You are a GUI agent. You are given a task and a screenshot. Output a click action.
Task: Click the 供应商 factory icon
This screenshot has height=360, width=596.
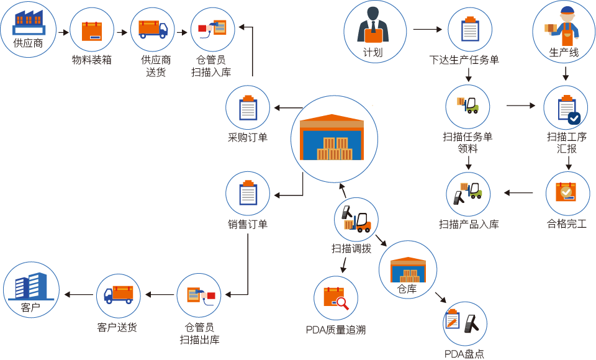tap(29, 23)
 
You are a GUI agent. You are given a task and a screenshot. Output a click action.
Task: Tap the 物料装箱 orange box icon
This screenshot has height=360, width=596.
tap(92, 29)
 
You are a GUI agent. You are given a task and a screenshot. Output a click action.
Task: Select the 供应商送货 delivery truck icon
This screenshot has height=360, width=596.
tap(153, 29)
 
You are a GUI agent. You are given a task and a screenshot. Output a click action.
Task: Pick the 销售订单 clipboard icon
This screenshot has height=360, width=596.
tap(248, 194)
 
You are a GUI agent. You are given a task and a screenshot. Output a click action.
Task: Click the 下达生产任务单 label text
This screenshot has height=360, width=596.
tap(464, 60)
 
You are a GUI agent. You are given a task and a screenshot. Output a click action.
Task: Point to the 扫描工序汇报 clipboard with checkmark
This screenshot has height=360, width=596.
tap(566, 107)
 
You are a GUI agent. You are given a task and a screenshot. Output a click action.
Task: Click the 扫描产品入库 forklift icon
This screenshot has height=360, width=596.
tap(468, 194)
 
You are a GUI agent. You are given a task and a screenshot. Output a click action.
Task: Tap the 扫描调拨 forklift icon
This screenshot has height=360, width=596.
tap(356, 219)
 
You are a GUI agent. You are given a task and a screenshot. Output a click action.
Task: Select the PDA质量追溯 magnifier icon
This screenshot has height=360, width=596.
tap(336, 299)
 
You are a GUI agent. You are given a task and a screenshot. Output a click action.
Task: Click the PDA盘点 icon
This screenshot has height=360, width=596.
tap(464, 323)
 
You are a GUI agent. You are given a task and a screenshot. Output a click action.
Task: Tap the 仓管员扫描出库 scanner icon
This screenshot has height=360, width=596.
tap(199, 295)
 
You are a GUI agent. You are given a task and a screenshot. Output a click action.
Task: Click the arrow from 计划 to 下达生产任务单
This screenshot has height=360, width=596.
tap(427, 29)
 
